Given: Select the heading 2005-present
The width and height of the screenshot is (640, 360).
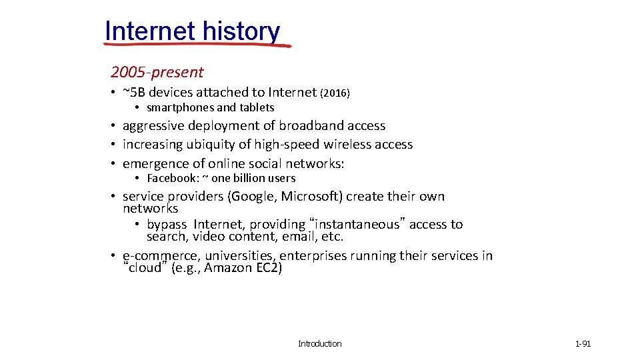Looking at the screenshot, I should [157, 72].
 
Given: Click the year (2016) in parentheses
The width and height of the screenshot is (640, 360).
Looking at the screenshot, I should [335, 93].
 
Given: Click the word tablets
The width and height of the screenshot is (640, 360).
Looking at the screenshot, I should [257, 107].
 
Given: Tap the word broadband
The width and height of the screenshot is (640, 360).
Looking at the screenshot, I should [309, 125].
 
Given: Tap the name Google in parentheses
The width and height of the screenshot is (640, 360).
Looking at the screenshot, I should [253, 196].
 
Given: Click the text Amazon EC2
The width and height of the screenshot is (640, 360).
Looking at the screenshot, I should [243, 268].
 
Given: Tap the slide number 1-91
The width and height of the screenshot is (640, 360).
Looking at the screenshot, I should [583, 344].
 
